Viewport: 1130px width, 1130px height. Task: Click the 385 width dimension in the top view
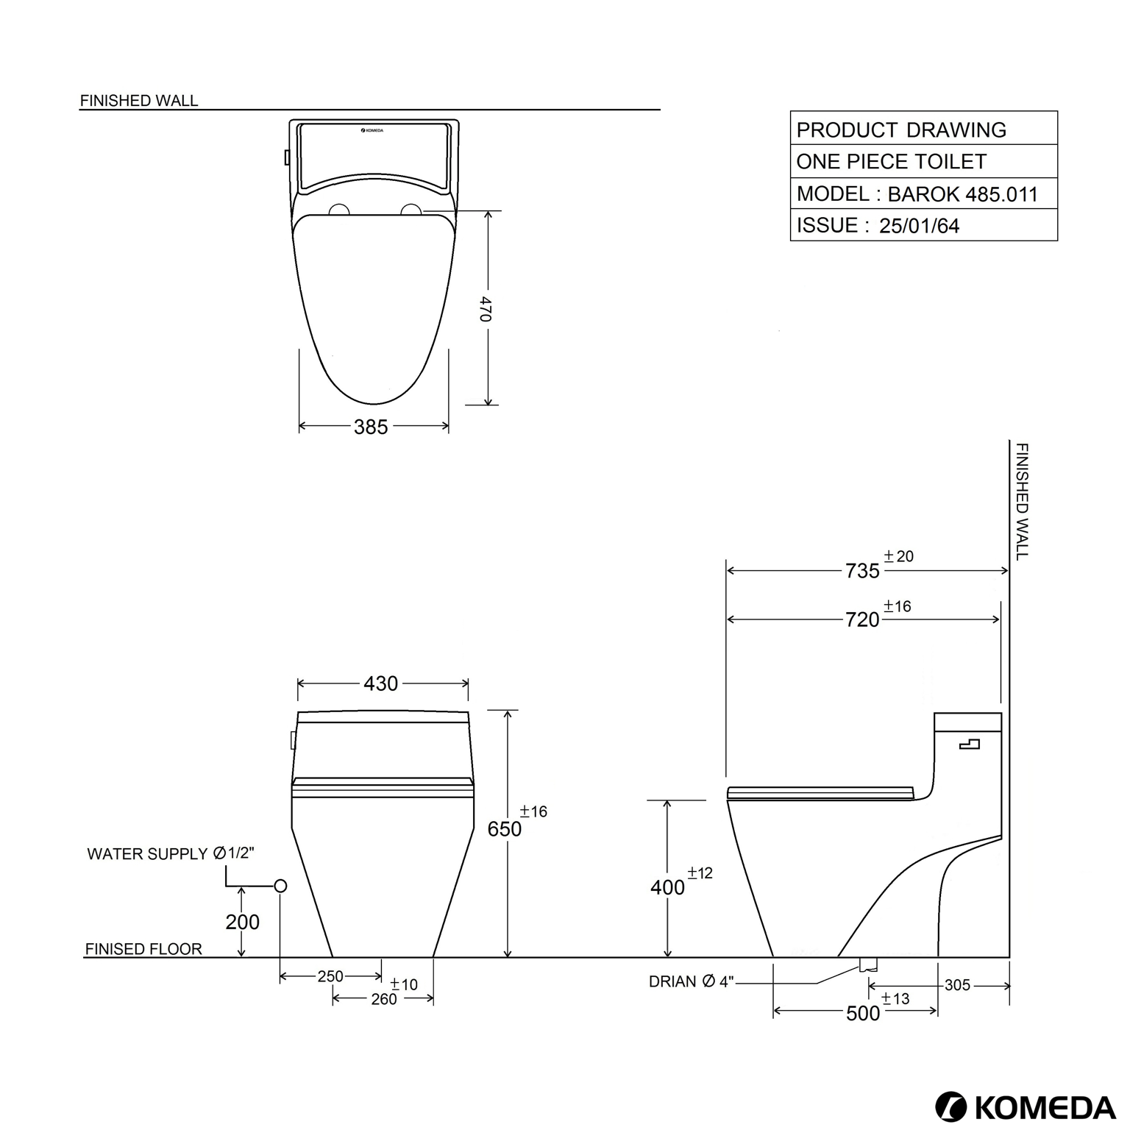(x=371, y=427)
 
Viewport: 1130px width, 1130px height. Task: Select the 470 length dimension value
(x=486, y=309)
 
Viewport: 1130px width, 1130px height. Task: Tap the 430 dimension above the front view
(x=380, y=683)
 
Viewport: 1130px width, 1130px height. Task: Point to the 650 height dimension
(x=505, y=829)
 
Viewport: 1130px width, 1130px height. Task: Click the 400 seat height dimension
(x=667, y=887)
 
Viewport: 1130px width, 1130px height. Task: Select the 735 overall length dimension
(x=862, y=571)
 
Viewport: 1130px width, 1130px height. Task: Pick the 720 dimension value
(x=862, y=620)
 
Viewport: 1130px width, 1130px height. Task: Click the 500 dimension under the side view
(x=863, y=1014)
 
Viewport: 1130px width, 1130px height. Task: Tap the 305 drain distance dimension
(x=957, y=985)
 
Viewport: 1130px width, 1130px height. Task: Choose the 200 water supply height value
(x=242, y=922)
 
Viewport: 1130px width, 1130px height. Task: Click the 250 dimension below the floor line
(x=330, y=976)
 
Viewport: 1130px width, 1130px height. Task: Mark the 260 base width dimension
(x=384, y=999)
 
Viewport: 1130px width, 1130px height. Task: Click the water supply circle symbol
(x=280, y=886)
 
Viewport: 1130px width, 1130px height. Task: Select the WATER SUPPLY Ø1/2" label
(x=171, y=853)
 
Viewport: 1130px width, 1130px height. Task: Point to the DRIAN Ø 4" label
(x=691, y=981)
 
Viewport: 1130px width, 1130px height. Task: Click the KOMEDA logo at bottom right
(x=1025, y=1107)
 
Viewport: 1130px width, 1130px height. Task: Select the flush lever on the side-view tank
(x=970, y=745)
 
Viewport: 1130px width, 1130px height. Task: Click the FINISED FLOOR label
(x=143, y=949)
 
